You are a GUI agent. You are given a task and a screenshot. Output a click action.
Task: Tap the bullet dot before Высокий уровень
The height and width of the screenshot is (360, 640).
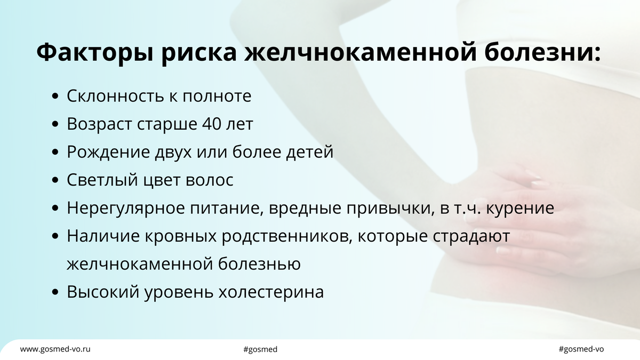click(x=56, y=293)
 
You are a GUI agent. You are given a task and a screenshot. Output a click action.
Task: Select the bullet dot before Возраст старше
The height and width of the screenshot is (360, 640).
click(x=56, y=124)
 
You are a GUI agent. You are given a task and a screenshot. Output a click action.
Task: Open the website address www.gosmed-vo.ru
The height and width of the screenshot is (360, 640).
click(x=55, y=349)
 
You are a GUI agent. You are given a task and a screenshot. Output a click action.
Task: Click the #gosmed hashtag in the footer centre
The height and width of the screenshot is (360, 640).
click(x=260, y=349)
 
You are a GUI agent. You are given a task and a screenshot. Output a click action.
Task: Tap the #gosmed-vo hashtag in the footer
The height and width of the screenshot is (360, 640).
click(x=581, y=349)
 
